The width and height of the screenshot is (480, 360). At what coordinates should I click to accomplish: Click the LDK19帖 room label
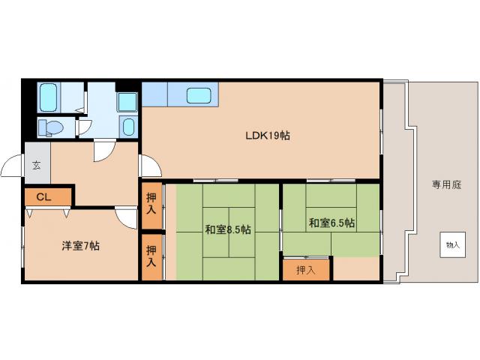[268, 135]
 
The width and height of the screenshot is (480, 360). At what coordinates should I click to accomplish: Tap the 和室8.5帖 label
[228, 229]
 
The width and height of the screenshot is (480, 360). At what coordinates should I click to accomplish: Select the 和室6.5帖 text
[331, 223]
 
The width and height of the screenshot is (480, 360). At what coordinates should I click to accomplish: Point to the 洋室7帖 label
[80, 246]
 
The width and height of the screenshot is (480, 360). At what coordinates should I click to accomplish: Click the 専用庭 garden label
[447, 185]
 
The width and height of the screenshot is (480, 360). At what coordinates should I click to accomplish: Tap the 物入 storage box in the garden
[453, 244]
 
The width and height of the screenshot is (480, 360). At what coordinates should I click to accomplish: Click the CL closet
[48, 197]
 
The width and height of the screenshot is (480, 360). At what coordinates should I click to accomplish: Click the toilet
[51, 127]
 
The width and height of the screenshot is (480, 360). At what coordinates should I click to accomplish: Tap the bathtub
[49, 97]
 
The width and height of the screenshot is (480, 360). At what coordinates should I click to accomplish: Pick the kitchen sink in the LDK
[199, 95]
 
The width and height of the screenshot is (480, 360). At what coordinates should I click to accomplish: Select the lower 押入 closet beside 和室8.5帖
[151, 257]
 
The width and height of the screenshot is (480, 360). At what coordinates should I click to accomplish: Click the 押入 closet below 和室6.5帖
[306, 270]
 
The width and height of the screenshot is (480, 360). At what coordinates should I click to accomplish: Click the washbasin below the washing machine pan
[128, 127]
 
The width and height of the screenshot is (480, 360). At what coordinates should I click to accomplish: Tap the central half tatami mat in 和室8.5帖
[242, 232]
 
